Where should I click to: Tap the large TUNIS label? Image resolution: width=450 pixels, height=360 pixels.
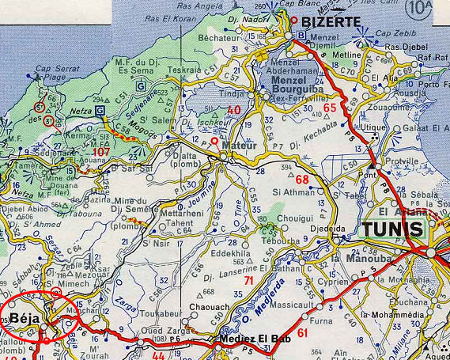396,230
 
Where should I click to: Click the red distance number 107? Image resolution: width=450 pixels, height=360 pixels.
101,150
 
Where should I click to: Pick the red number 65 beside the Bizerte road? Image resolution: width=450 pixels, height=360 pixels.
330,108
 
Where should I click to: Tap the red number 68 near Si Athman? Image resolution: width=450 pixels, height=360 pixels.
302,179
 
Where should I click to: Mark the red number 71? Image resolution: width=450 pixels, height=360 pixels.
249,280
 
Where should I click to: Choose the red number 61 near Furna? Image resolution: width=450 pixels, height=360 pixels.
303,333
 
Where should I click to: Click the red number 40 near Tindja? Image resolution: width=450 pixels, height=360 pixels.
233,110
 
